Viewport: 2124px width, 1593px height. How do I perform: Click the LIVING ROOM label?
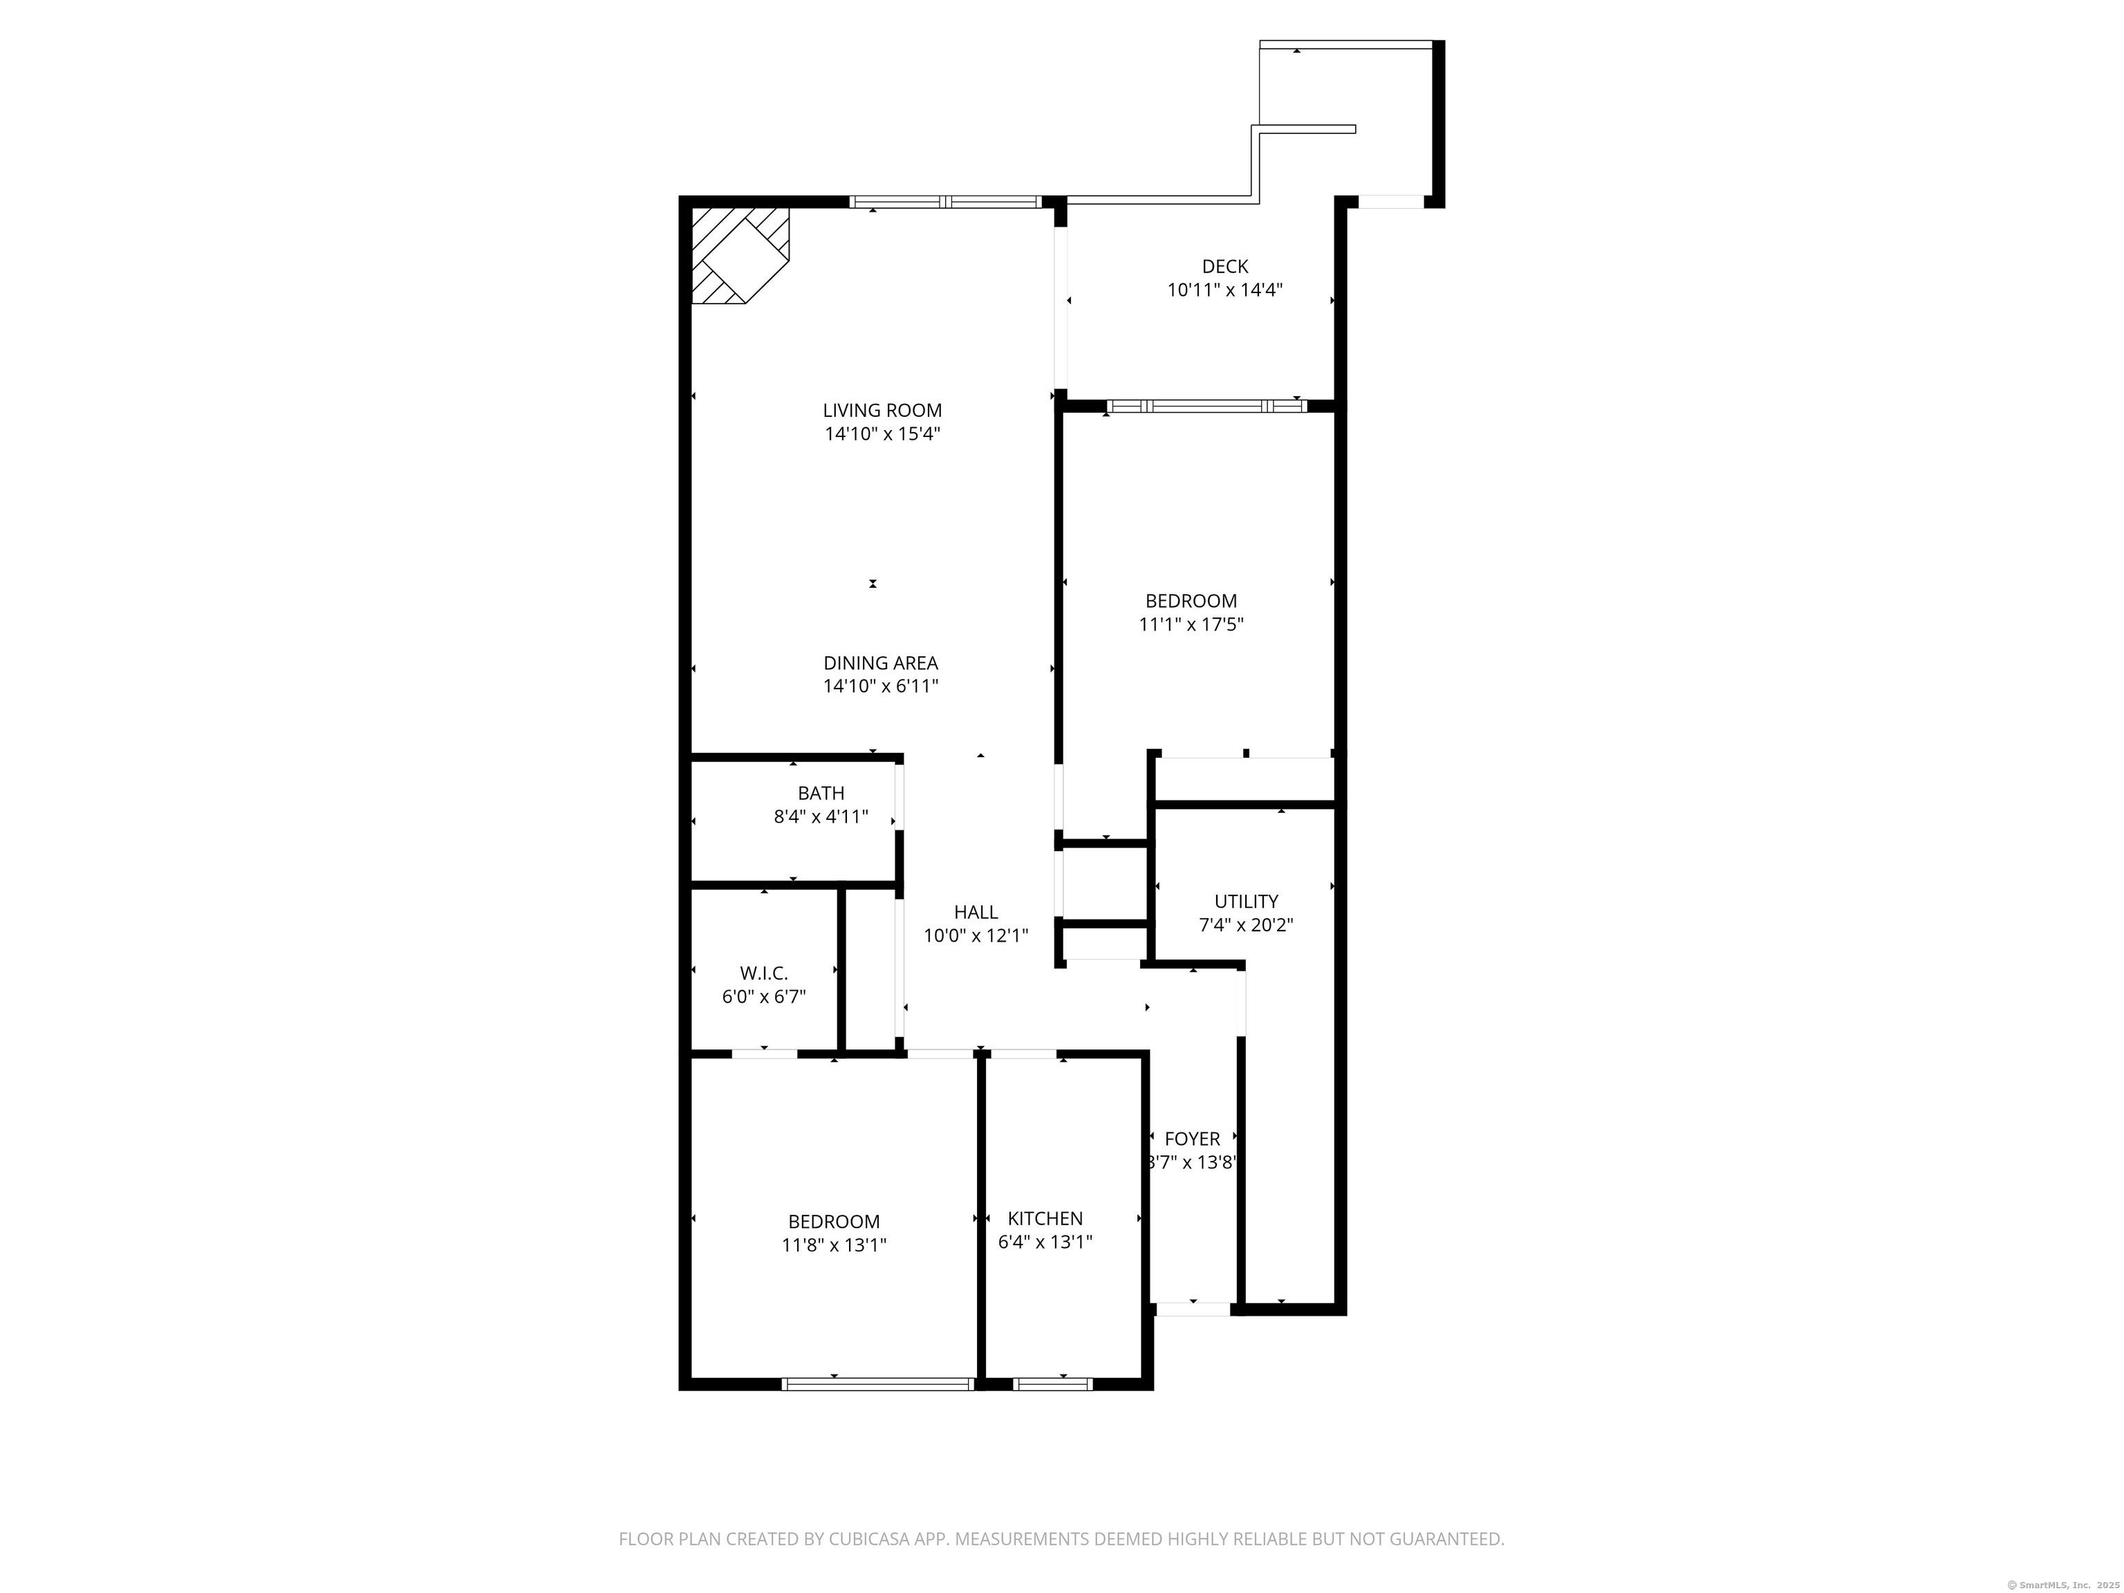[882, 410]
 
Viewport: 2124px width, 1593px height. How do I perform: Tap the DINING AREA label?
[881, 662]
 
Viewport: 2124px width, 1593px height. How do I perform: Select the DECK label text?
[1225, 266]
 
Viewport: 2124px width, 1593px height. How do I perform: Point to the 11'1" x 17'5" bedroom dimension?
[1191, 624]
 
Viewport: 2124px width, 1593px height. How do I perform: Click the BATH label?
[821, 793]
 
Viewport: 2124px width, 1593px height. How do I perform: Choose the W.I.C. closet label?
[764, 973]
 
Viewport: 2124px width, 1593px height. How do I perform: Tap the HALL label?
[976, 912]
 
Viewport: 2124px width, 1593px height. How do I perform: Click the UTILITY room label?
[1247, 901]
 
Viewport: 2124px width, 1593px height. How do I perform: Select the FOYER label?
[1193, 1139]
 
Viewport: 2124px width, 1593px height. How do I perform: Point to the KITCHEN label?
[1045, 1218]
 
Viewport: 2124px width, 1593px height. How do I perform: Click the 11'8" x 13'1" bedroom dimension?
[833, 1245]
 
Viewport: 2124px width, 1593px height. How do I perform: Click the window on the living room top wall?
[946, 202]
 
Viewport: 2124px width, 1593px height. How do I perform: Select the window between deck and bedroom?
[1206, 406]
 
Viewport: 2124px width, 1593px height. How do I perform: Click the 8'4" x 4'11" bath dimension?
[821, 817]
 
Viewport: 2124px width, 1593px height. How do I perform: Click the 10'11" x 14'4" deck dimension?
[1225, 290]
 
